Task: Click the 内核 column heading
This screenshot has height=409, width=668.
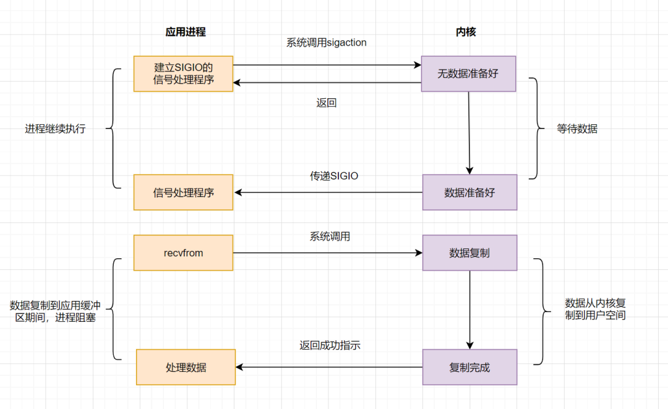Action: click(x=466, y=32)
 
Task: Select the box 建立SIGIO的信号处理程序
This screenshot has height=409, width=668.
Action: click(x=183, y=74)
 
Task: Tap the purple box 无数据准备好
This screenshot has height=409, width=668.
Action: click(x=468, y=74)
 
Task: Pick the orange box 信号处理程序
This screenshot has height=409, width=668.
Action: click(x=183, y=192)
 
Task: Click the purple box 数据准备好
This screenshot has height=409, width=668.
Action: click(x=469, y=192)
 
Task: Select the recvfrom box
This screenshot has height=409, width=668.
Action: click(x=183, y=253)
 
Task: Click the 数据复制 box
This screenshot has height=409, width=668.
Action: click(x=469, y=253)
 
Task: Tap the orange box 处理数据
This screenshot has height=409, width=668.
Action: click(x=186, y=367)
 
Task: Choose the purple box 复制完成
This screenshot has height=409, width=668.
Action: click(x=469, y=367)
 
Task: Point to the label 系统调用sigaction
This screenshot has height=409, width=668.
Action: click(x=326, y=43)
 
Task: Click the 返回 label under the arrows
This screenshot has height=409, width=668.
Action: click(x=326, y=103)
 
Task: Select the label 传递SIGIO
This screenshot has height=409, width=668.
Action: click(x=334, y=175)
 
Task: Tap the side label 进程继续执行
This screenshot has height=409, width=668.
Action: click(x=55, y=129)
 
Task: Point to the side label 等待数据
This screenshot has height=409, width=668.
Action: click(x=577, y=129)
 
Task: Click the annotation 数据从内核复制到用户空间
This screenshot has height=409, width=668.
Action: click(x=595, y=309)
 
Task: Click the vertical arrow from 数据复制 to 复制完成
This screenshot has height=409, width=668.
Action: click(x=469, y=309)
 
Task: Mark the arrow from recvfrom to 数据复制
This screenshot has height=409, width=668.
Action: click(x=328, y=253)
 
